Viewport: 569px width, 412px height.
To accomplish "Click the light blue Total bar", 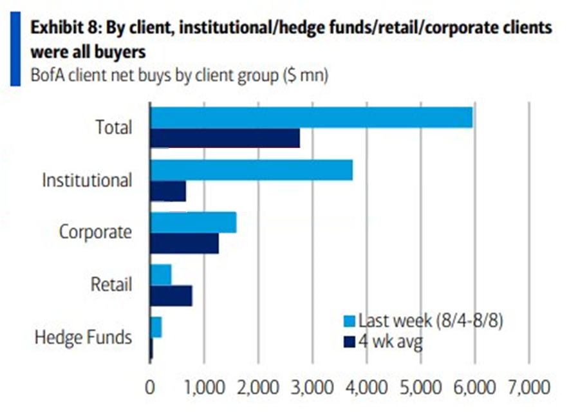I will (x=312, y=118).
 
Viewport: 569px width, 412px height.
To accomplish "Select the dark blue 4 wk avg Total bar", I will (x=225, y=138).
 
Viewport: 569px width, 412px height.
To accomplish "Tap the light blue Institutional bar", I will (x=252, y=170).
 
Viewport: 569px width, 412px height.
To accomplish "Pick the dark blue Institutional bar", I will (x=168, y=191).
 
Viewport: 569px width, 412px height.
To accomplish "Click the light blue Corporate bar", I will (x=193, y=222).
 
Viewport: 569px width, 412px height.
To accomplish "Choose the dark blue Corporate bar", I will (x=184, y=244).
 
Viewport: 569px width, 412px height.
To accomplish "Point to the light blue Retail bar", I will (x=161, y=275).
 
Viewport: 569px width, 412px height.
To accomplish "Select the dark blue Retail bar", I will (x=171, y=296).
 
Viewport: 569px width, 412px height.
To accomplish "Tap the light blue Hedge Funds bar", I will (x=156, y=328).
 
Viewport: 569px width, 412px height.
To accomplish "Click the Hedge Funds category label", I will (x=84, y=337).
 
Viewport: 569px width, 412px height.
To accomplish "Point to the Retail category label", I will (x=111, y=285).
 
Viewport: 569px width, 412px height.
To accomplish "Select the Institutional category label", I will (x=87, y=180).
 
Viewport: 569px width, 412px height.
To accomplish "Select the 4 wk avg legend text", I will (x=391, y=342).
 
